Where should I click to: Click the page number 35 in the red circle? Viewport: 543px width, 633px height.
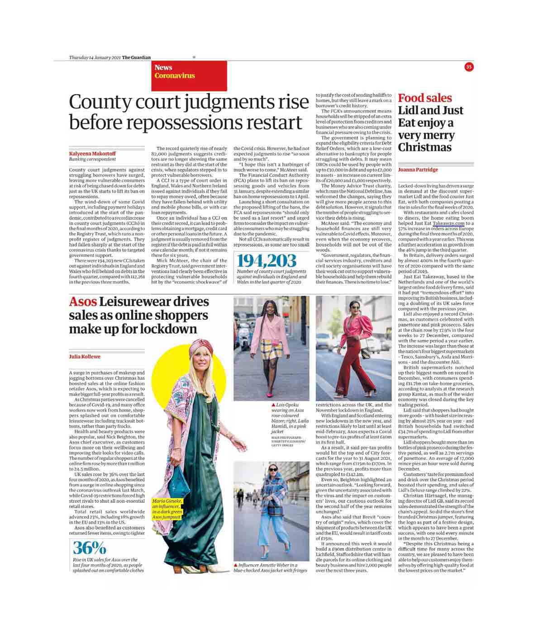click(x=469, y=67)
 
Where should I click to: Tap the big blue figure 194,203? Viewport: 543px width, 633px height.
click(x=267, y=261)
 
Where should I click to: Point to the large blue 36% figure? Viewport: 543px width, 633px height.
click(x=89, y=548)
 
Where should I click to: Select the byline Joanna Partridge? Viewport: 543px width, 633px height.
click(x=418, y=170)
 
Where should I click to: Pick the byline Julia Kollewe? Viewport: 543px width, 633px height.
click(x=85, y=357)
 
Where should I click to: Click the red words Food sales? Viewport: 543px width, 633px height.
click(x=424, y=98)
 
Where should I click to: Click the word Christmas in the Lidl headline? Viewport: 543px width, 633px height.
click(x=424, y=147)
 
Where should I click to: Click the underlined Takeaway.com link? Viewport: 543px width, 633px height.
click(x=448, y=223)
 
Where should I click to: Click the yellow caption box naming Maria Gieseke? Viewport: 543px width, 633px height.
click(x=167, y=509)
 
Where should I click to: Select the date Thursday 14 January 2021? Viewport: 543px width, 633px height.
click(x=95, y=57)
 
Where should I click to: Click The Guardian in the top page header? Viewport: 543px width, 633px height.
click(x=136, y=57)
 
